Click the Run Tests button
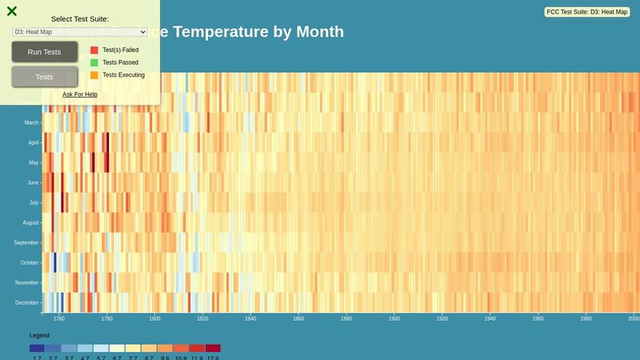pyautogui.click(x=45, y=52)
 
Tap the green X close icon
pyautogui.click(x=12, y=11)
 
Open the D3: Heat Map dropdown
pyautogui.click(x=80, y=31)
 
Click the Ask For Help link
pyautogui.click(x=80, y=94)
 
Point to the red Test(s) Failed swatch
pyautogui.click(x=94, y=50)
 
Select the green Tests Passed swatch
pyautogui.click(x=94, y=62)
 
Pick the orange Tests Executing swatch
pyautogui.click(x=94, y=75)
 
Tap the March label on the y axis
pyautogui.click(x=31, y=122)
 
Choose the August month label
pyautogui.click(x=30, y=222)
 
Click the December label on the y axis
pyautogui.click(x=27, y=302)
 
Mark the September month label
pyautogui.click(x=26, y=242)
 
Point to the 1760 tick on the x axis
pyautogui.click(x=59, y=318)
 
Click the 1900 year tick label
pyautogui.click(x=394, y=318)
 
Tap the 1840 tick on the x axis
pyautogui.click(x=250, y=318)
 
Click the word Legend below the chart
pyautogui.click(x=39, y=335)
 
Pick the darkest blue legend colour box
pyautogui.click(x=37, y=348)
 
